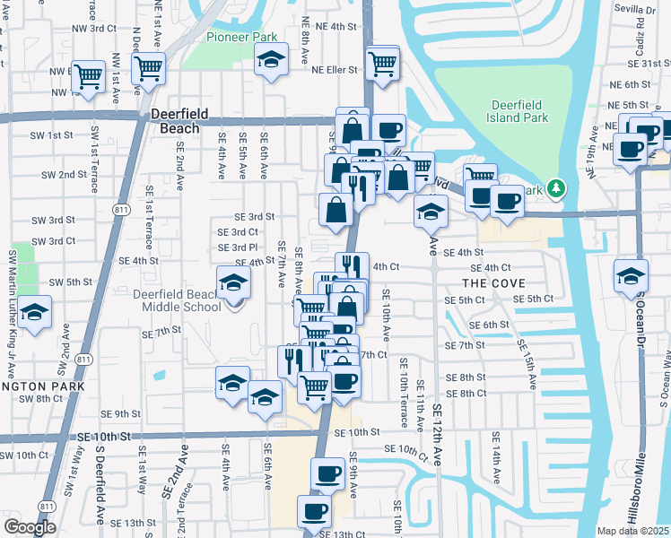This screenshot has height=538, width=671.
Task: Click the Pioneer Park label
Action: pyautogui.click(x=241, y=37)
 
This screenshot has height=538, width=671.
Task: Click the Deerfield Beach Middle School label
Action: pyautogui.click(x=178, y=300)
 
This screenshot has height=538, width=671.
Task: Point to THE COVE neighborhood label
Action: pyautogui.click(x=495, y=283)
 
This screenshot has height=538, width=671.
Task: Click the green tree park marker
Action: pyautogui.click(x=557, y=188)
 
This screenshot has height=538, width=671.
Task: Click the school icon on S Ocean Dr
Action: pyautogui.click(x=631, y=275)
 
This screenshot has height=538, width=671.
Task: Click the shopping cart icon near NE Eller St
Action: pyautogui.click(x=383, y=64)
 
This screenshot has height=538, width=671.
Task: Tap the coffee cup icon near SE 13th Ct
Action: pyautogui.click(x=314, y=512)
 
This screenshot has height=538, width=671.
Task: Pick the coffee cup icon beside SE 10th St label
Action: pyautogui.click(x=328, y=473)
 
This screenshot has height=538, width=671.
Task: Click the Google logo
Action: pyautogui.click(x=30, y=527)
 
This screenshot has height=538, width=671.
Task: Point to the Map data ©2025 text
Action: pyautogui.click(x=633, y=531)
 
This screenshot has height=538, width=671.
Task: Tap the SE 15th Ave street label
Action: pyautogui.click(x=525, y=364)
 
